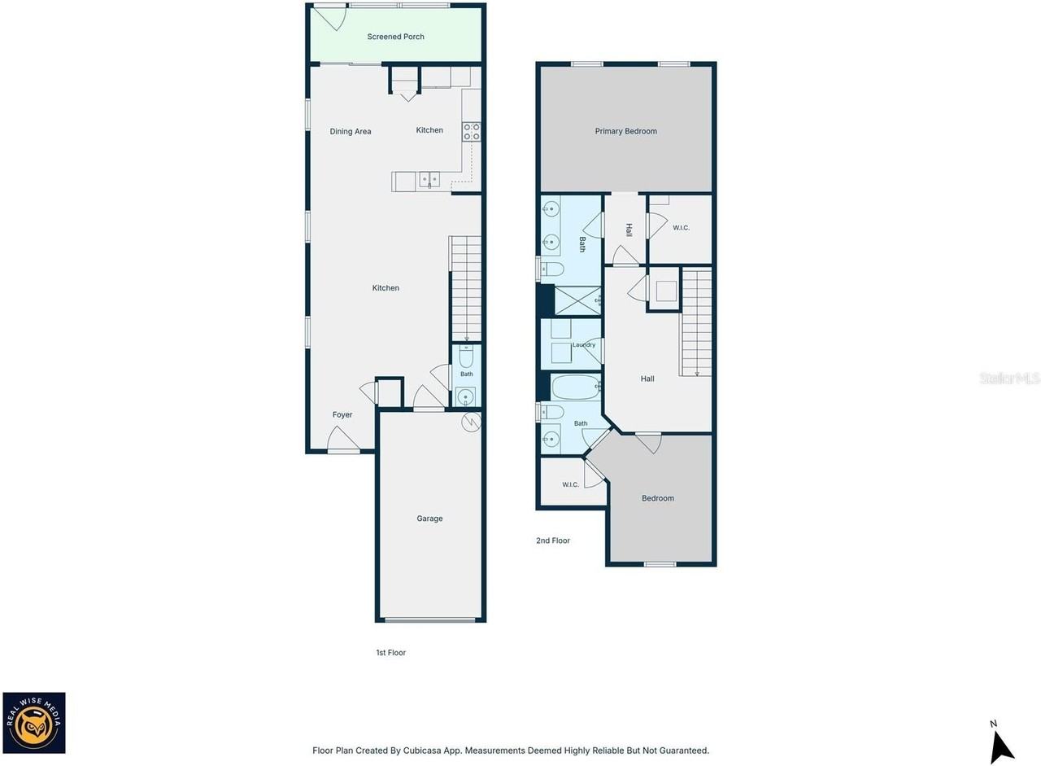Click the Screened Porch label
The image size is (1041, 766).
click(395, 37)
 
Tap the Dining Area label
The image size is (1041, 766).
click(351, 132)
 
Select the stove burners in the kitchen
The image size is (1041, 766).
click(471, 132)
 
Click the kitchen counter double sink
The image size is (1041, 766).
click(429, 180)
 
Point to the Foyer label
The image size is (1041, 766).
click(342, 415)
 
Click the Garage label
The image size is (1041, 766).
click(429, 519)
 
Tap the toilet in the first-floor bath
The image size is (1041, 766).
click(466, 357)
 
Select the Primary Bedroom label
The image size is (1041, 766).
click(626, 131)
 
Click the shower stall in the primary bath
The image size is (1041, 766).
click(577, 300)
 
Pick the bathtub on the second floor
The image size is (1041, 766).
click(576, 387)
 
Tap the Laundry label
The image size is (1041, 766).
click(584, 344)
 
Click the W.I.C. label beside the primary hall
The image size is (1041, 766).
click(681, 228)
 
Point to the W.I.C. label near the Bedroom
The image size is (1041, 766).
click(570, 484)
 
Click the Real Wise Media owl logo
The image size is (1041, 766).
click(34, 723)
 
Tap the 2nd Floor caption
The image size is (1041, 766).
click(553, 541)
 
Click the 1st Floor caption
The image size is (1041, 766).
click(391, 653)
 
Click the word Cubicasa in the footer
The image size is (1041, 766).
click(422, 751)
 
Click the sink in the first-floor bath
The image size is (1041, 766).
click(466, 397)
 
